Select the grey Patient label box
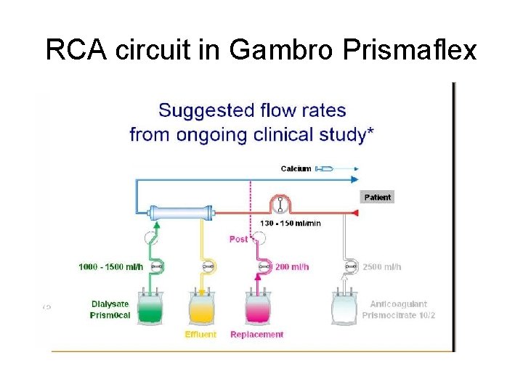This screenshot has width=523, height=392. pyautogui.click(x=377, y=197)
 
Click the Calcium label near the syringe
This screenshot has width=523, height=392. pyautogui.click(x=296, y=168)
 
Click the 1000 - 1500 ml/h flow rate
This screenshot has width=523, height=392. pyautogui.click(x=111, y=266)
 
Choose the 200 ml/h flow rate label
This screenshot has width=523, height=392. pyautogui.click(x=292, y=266)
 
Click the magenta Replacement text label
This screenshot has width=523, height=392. pyautogui.click(x=256, y=335)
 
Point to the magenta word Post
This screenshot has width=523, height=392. pyautogui.click(x=238, y=239)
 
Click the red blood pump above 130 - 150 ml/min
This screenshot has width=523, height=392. pyautogui.click(x=279, y=204)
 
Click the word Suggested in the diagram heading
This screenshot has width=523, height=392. pyautogui.click(x=201, y=111)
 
